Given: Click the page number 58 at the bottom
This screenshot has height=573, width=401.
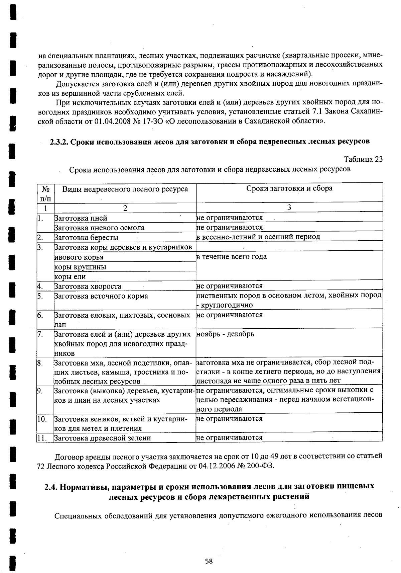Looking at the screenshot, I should pyautogui.click(x=209, y=561).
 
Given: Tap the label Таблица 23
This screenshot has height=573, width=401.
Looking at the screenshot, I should pyautogui.click(x=363, y=159).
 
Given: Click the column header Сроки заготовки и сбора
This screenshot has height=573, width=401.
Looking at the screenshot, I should pyautogui.click(x=289, y=188).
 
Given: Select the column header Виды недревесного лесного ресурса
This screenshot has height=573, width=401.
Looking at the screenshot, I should pyautogui.click(x=125, y=189).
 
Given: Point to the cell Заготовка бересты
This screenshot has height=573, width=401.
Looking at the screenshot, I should pyautogui.click(x=86, y=238).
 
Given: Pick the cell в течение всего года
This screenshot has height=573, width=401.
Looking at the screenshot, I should pyautogui.click(x=232, y=257).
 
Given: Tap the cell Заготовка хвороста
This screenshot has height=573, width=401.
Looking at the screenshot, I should pyautogui.click(x=88, y=286).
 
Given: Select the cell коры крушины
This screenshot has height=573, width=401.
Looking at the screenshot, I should pyautogui.click(x=80, y=267).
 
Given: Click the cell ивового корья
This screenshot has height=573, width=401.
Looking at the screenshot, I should pyautogui.click(x=79, y=257).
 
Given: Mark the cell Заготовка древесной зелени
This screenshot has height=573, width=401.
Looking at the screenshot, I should pyautogui.click(x=102, y=438).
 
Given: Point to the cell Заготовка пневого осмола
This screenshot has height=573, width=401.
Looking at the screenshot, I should pyautogui.click(x=99, y=228).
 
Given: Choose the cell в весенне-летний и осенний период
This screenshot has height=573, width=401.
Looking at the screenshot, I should pyautogui.click(x=258, y=237).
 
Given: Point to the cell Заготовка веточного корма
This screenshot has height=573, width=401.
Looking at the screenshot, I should pyautogui.click(x=101, y=296).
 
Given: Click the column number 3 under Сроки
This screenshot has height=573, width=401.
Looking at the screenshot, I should pyautogui.click(x=289, y=208).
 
